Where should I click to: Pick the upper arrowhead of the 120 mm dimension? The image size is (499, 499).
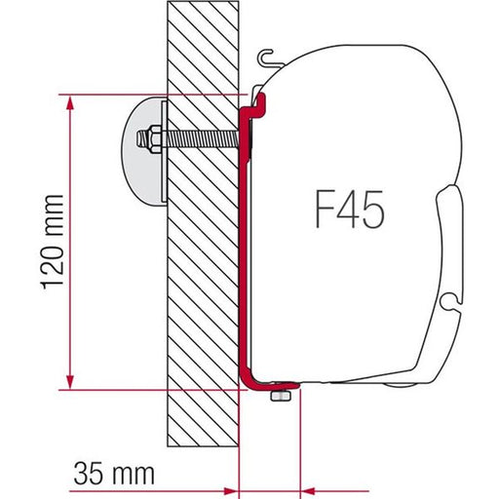coord(69,101)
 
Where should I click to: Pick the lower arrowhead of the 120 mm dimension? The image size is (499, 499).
coord(69,383)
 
